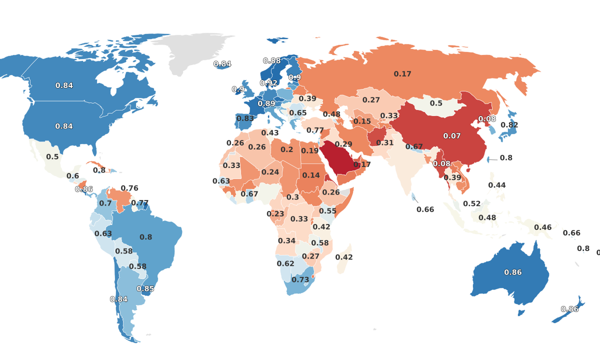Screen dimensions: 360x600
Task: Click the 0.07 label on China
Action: [452, 136]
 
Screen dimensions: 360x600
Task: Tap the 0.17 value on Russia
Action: [402, 74]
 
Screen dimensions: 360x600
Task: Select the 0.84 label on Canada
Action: [64, 85]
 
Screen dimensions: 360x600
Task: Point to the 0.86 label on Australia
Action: [513, 272]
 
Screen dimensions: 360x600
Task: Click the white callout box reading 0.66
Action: [425, 209]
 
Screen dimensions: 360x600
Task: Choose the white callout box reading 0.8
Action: [506, 158]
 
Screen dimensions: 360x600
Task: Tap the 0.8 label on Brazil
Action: [146, 237]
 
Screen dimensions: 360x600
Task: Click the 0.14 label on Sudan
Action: [311, 175]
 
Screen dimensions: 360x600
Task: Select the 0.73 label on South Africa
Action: [300, 279]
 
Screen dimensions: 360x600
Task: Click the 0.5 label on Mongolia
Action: [436, 103]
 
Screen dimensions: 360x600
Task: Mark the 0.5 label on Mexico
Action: [52, 156]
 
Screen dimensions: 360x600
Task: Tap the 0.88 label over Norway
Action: [272, 61]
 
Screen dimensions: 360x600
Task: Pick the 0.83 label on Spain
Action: [245, 118]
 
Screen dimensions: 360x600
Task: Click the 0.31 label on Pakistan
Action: [385, 143]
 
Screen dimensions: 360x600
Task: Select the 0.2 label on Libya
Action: [287, 149]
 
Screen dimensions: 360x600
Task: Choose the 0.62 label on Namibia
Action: [285, 263]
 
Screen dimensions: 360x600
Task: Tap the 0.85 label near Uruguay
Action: [145, 288]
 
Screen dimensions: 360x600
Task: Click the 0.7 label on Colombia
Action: [105, 203]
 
